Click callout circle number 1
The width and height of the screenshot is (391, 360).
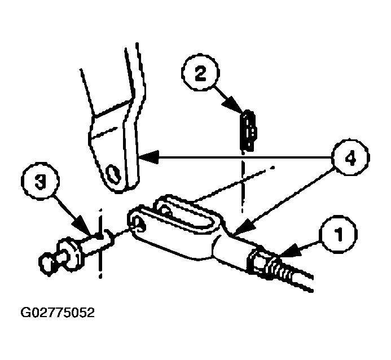coord(339,234)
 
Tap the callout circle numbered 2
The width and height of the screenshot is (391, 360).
coord(200,72)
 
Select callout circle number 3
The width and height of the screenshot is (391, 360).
coord(40,181)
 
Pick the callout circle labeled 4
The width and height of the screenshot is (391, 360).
coord(351,157)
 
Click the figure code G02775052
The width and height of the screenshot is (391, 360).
coord(58,313)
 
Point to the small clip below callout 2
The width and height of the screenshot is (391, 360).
coord(248,131)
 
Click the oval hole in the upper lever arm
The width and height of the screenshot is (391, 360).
coord(114,174)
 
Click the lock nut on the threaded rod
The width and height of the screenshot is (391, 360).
coord(256,262)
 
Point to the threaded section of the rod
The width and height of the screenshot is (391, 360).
coord(279,270)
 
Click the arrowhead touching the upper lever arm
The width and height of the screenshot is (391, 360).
coord(149,157)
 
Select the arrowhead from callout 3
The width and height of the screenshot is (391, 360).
coord(82,225)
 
